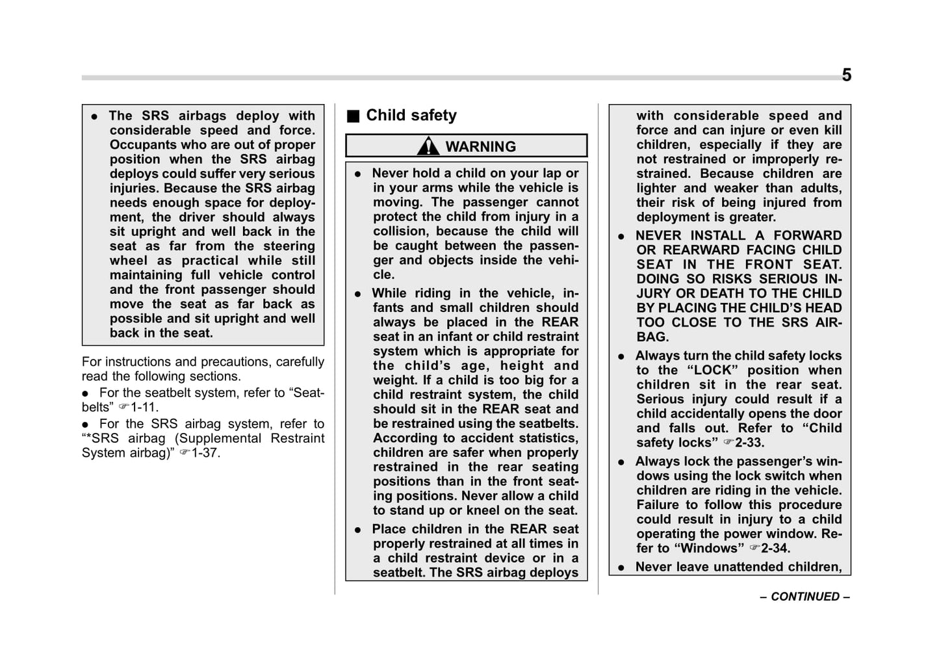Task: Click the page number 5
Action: point(846,75)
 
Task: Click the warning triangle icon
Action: point(428,146)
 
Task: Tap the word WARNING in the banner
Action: point(480,147)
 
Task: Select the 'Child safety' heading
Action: point(411,116)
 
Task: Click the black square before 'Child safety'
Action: point(353,116)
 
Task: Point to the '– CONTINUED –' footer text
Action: point(804,597)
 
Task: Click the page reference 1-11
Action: point(144,408)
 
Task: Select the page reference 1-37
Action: point(205,453)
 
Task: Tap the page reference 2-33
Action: point(749,443)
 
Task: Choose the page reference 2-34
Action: point(775,549)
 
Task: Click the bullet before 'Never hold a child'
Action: point(357,174)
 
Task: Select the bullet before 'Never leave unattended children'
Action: point(621,568)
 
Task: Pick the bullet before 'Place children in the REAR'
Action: point(357,530)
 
